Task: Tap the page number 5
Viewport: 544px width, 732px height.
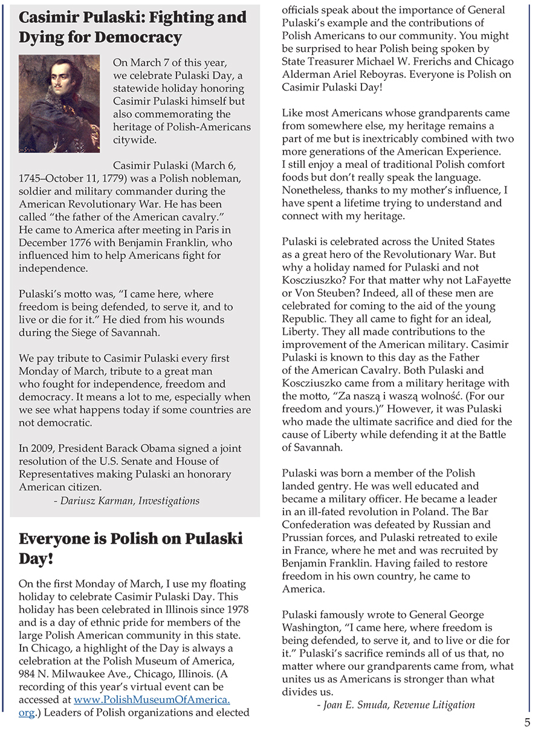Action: (527, 722)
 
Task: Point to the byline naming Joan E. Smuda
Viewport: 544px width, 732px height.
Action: (395, 704)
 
